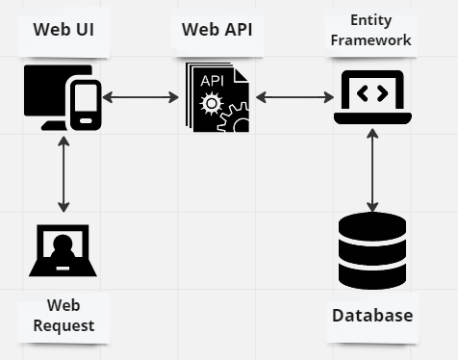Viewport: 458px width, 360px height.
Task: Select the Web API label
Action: click(x=217, y=29)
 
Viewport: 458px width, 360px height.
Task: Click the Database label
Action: click(x=372, y=315)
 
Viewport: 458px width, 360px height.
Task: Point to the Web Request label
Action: click(x=64, y=316)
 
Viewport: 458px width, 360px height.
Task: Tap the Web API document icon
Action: click(x=216, y=98)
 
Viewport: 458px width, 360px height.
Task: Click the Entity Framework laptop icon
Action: click(x=372, y=96)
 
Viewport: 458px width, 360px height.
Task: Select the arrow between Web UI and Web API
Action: click(x=141, y=97)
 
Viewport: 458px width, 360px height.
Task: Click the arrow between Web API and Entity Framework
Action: click(x=294, y=97)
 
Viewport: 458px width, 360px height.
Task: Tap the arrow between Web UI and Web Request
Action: click(x=64, y=173)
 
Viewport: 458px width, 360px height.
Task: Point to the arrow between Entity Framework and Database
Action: click(x=372, y=167)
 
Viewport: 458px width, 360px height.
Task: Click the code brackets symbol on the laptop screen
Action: click(x=372, y=92)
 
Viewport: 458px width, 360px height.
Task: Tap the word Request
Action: click(x=64, y=325)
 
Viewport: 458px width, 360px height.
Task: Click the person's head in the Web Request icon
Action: click(x=63, y=243)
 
